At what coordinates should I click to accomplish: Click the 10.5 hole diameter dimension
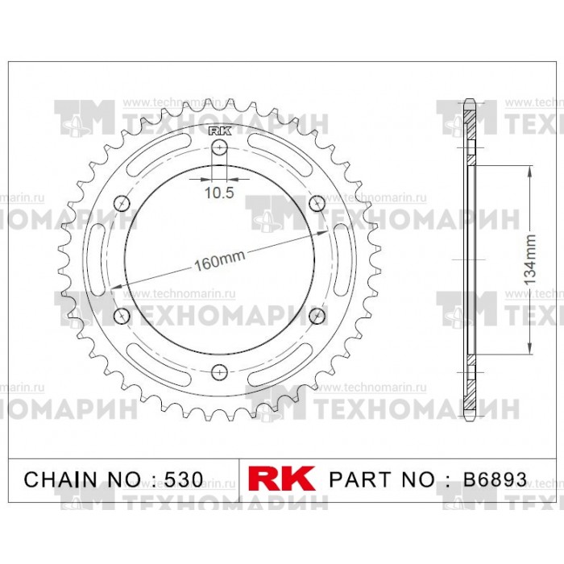coord(219,193)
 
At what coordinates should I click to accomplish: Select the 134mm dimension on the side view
coord(529,259)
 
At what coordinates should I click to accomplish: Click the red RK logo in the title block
coord(282,478)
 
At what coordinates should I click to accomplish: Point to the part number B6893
coord(495,479)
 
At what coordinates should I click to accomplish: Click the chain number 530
coord(184,479)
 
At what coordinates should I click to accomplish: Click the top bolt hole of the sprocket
coord(219,147)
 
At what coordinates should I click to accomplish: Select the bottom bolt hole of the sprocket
coord(219,371)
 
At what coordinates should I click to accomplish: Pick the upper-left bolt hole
coord(122,204)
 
